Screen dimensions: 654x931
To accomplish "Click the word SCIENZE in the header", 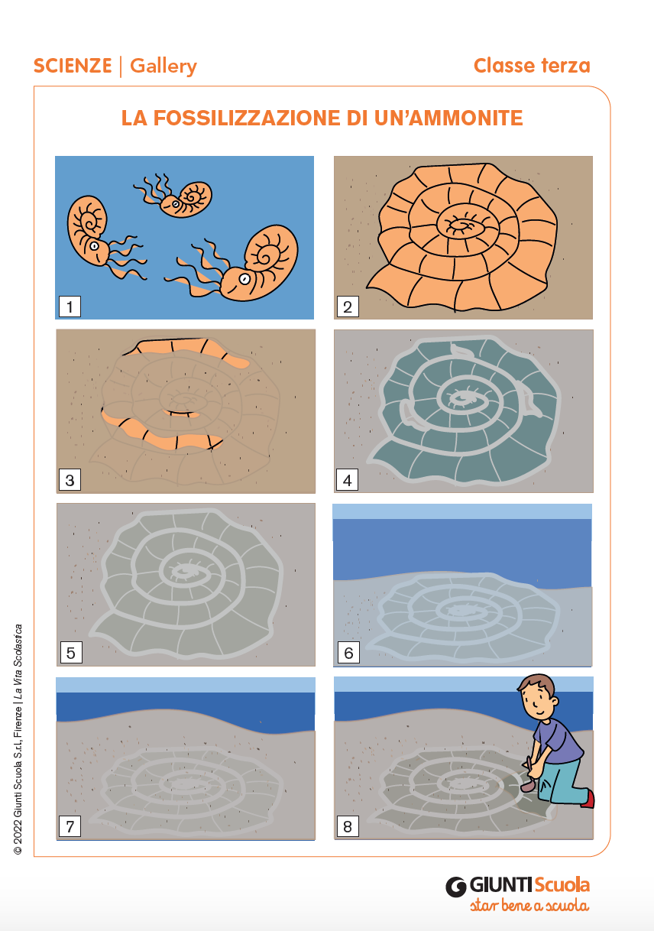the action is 73,66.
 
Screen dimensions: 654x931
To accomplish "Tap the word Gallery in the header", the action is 163,66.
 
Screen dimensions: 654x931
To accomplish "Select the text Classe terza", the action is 532,66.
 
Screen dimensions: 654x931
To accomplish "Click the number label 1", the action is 70,307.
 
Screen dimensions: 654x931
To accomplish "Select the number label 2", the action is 348,307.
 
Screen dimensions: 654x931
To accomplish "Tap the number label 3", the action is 70,480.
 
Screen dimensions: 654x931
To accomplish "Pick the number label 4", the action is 348,480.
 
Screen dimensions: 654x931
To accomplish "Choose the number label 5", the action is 71,653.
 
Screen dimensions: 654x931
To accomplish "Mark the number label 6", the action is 348,653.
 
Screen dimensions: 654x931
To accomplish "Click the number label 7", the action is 70,826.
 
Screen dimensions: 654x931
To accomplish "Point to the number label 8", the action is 348,826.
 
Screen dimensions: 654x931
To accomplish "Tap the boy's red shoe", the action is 588,800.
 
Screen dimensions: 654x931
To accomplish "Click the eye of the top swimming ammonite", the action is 176,204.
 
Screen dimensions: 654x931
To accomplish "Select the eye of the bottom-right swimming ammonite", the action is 244,278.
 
